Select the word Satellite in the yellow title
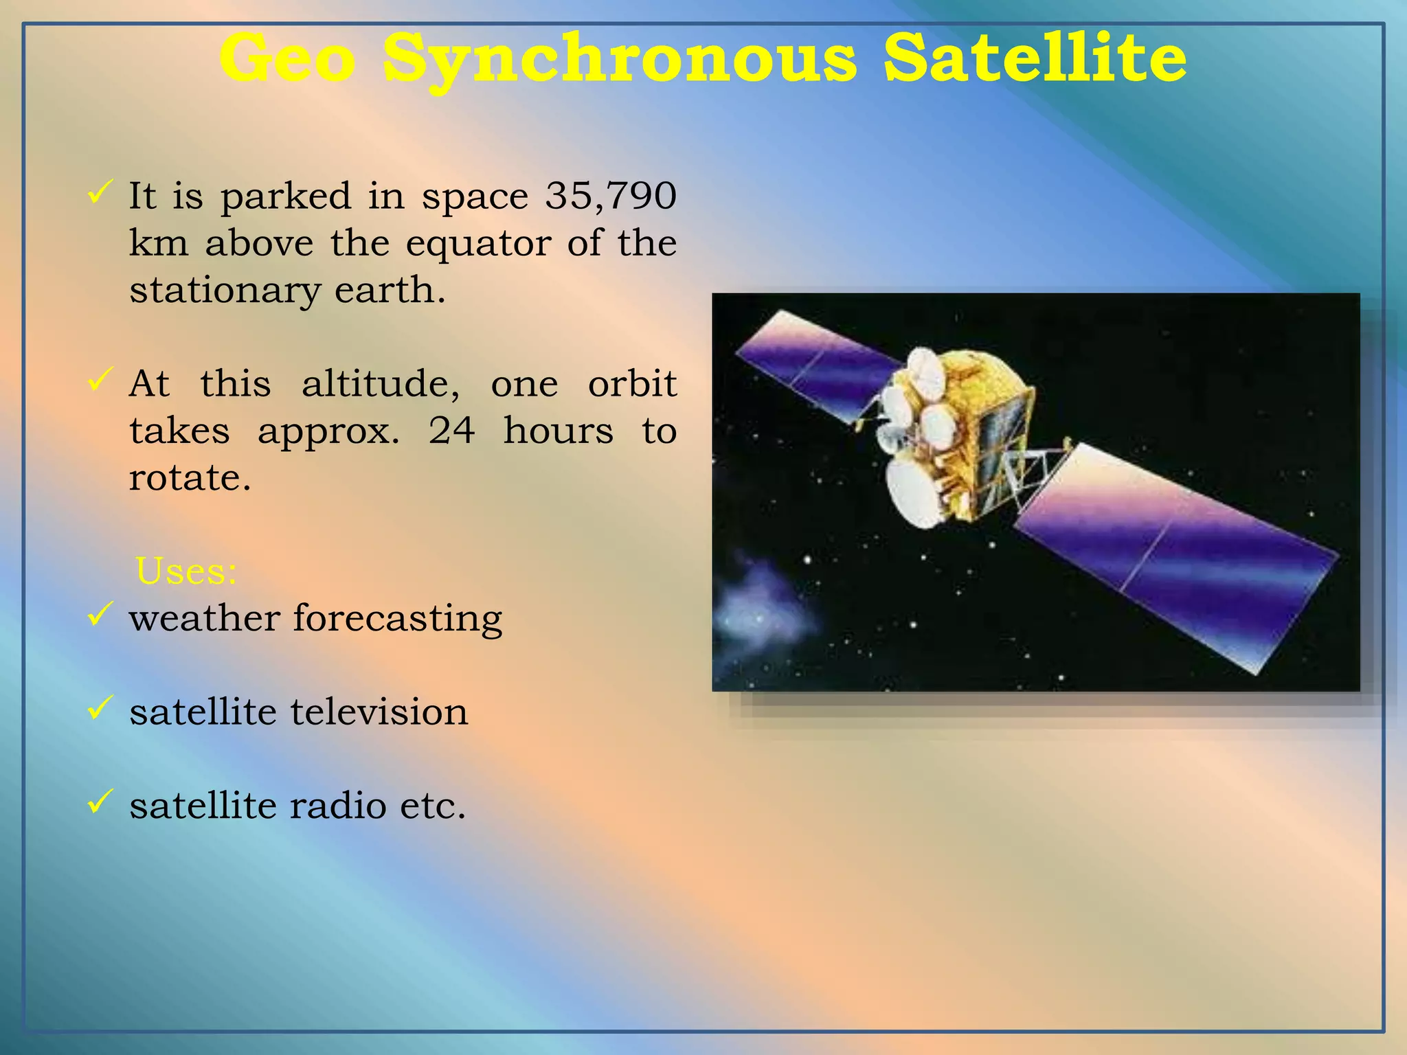coord(1035,58)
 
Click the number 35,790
coord(611,196)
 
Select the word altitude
coord(381,383)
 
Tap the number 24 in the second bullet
coord(451,431)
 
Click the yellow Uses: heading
coord(186,571)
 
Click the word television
coord(379,712)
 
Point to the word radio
coord(337,806)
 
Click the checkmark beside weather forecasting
coord(100,613)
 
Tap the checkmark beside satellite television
coord(100,707)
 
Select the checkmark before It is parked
coord(100,192)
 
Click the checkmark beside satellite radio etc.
coord(100,801)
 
